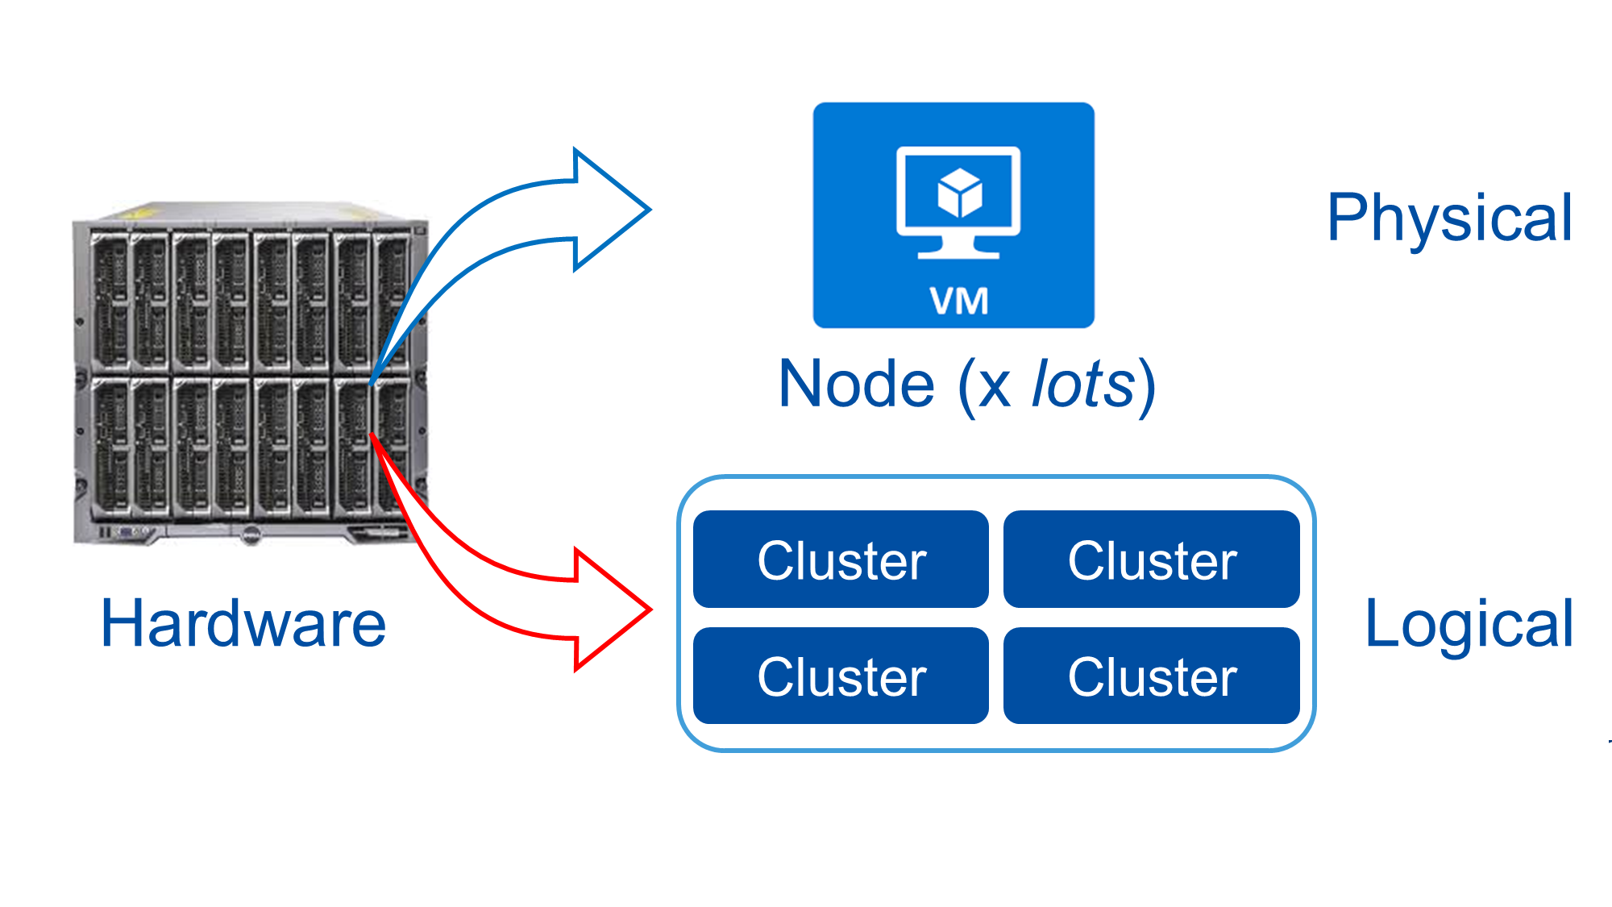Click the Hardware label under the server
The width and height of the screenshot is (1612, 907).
[243, 624]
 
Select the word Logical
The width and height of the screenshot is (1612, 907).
[1469, 625]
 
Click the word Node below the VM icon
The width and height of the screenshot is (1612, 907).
[856, 385]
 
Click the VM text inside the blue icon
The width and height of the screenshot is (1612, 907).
[958, 302]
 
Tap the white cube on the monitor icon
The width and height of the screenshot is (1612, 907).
[959, 193]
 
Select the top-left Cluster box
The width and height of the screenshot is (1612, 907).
[841, 560]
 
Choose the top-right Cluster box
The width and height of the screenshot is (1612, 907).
[1151, 560]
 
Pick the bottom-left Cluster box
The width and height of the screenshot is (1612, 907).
[841, 676]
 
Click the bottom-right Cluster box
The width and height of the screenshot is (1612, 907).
[1151, 676]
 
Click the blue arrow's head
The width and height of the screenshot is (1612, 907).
[613, 210]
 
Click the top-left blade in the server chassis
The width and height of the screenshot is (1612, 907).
[110, 302]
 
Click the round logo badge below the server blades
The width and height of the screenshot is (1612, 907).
[251, 534]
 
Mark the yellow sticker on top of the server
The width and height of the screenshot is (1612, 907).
[142, 213]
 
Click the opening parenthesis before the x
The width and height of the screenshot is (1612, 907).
[967, 387]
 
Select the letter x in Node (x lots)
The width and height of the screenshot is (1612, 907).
[995, 387]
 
